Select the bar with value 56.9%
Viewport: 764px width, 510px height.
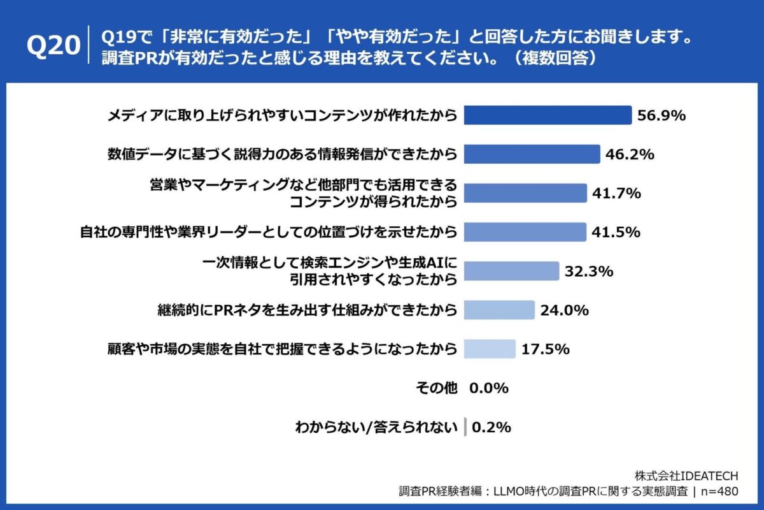coord(548,115)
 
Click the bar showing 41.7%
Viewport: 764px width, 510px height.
coord(525,193)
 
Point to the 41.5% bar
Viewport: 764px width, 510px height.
coord(525,232)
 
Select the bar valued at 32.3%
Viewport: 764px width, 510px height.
coord(511,271)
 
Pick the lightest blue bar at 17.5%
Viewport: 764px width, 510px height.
coord(490,349)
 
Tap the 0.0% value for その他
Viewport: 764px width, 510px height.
coord(489,388)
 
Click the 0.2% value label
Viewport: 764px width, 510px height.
coord(490,427)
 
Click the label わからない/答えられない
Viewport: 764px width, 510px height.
coord(376,427)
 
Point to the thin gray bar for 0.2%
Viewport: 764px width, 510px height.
coord(465,427)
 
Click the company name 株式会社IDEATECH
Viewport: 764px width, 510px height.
coord(687,476)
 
